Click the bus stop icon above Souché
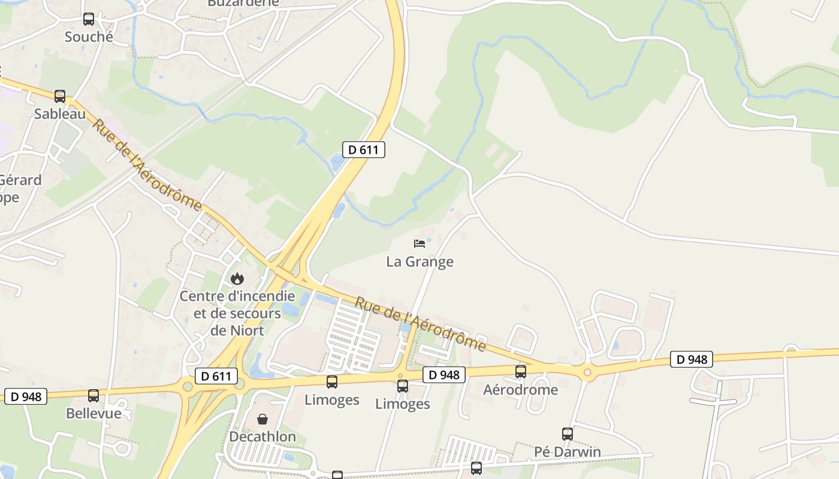pos(89,19)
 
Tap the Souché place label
pos(89,37)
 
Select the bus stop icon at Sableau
pos(60,96)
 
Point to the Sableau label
pos(60,113)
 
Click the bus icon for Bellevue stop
pos(93,395)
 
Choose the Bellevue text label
pos(93,413)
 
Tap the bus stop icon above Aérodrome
pos(521,371)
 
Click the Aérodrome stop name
pos(521,390)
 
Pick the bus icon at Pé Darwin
pos(568,433)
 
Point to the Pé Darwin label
pos(568,451)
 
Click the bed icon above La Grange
pos(419,243)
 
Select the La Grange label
pos(419,262)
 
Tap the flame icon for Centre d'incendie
pos(237,278)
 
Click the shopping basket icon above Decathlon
pos(262,419)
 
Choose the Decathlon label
pos(262,436)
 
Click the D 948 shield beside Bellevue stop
pos(26,396)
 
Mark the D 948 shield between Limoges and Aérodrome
pos(444,375)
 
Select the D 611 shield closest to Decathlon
pos(216,376)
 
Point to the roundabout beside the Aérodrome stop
pos(587,372)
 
